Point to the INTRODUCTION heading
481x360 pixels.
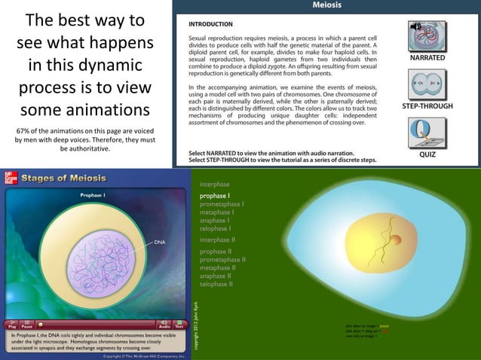point(210,24)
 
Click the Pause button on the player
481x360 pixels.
point(27,325)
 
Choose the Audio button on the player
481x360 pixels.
point(164,325)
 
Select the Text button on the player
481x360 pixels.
point(179,325)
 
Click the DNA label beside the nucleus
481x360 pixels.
point(160,243)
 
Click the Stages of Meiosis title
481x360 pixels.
point(63,178)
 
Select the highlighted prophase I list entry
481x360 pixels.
point(215,196)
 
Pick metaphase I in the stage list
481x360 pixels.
point(216,212)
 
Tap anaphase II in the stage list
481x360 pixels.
point(216,276)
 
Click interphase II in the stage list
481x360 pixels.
point(218,239)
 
